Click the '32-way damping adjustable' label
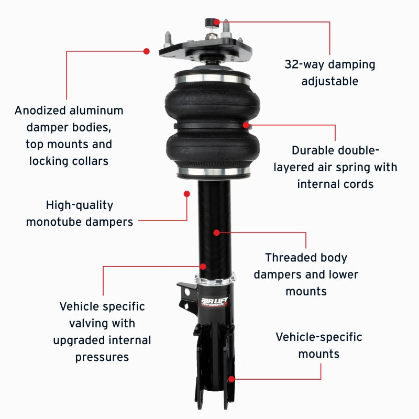[x=329, y=73]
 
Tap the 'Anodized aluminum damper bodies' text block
[x=69, y=135]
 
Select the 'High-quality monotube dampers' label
[x=79, y=213]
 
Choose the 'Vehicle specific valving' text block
[x=102, y=331]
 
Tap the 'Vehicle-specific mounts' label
[x=318, y=345]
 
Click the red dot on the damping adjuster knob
[x=216, y=22]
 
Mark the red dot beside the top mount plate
[x=147, y=51]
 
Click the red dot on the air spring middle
[x=246, y=125]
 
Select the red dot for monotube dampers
[x=186, y=193]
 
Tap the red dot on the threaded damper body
[x=216, y=231]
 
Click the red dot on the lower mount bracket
[x=231, y=378]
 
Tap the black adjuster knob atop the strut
[x=210, y=23]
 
